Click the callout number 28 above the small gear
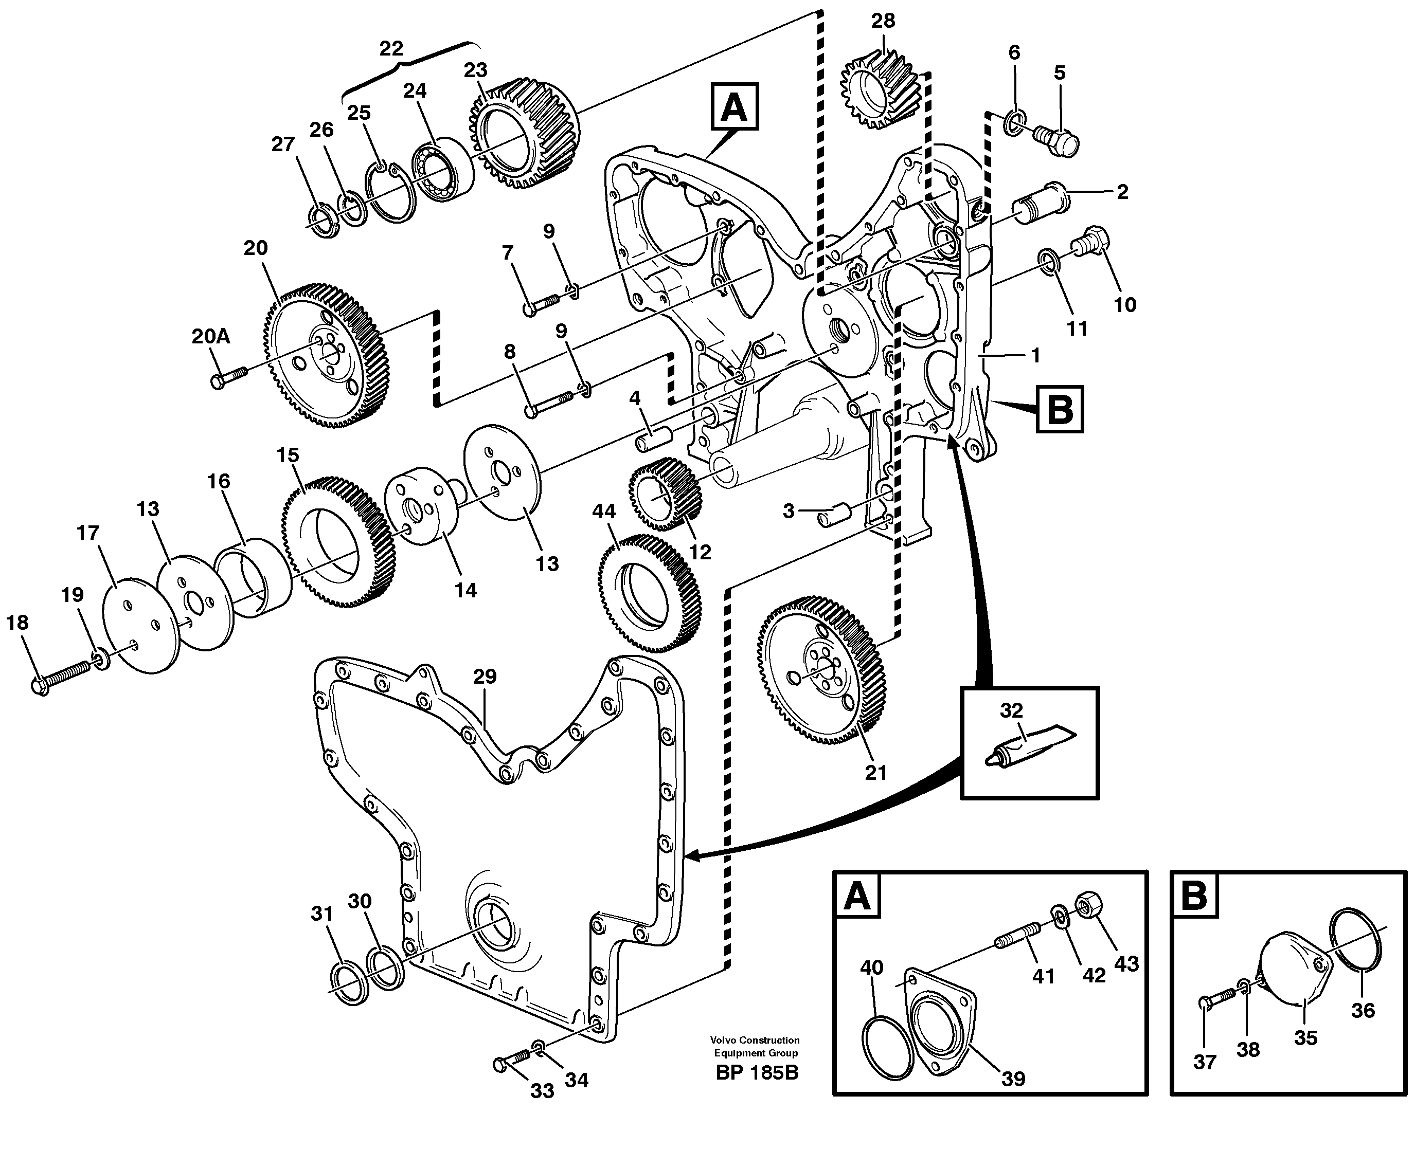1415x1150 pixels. click(x=883, y=21)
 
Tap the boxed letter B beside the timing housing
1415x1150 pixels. click(x=1059, y=409)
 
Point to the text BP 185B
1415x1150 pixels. click(x=757, y=1072)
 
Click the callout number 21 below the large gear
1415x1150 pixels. click(x=875, y=773)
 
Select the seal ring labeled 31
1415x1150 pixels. click(x=349, y=984)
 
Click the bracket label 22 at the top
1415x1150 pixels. click(x=391, y=49)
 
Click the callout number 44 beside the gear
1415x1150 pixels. click(x=604, y=511)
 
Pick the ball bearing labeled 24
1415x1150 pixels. click(x=442, y=168)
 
